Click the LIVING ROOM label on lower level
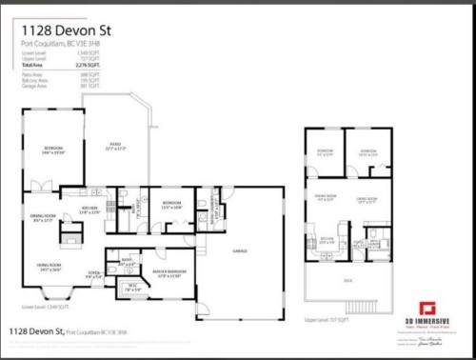click(50, 267)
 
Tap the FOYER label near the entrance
click(93, 276)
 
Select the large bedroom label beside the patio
click(52, 149)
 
